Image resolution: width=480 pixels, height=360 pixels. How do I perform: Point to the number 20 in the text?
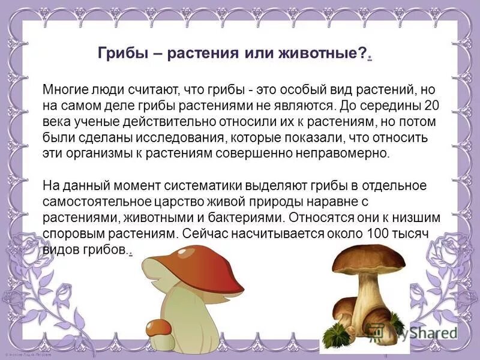[x=419, y=106]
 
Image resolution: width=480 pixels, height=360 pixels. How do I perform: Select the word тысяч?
[x=413, y=231]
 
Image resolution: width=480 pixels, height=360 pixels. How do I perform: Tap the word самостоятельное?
[x=92, y=200]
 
